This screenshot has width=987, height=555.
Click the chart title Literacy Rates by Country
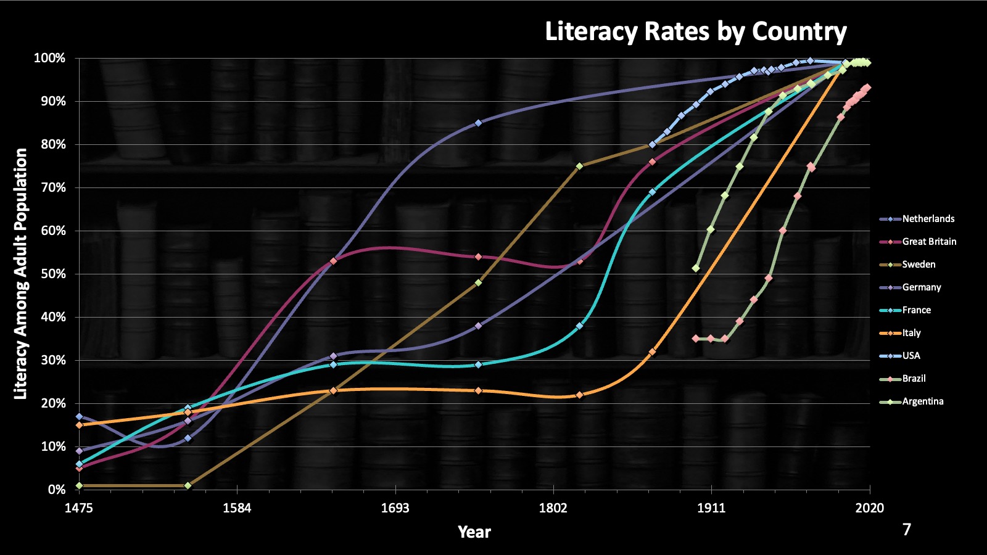pos(695,31)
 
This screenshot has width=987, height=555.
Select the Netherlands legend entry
pos(928,219)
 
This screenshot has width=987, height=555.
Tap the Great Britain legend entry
pos(928,242)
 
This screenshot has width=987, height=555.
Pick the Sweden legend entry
pos(919,265)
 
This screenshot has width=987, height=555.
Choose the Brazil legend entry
pos(914,379)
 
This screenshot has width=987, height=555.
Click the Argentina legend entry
pos(922,401)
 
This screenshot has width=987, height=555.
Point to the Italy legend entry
pos(911,333)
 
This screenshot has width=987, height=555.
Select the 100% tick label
pos(50,58)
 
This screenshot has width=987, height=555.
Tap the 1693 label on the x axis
pos(395,508)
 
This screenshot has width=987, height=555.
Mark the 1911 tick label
pos(711,508)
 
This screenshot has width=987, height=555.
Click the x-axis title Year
pos(474,532)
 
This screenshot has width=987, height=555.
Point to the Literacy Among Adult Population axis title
pos(21,274)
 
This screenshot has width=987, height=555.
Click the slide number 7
pos(906,529)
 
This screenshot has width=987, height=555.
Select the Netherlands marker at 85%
pos(478,123)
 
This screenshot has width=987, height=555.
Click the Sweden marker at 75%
pos(579,166)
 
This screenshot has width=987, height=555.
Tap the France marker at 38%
pos(579,326)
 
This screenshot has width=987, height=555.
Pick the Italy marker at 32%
pos(652,351)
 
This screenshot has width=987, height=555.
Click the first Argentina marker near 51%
pos(696,268)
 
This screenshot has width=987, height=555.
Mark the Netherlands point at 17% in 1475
pos(79,416)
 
